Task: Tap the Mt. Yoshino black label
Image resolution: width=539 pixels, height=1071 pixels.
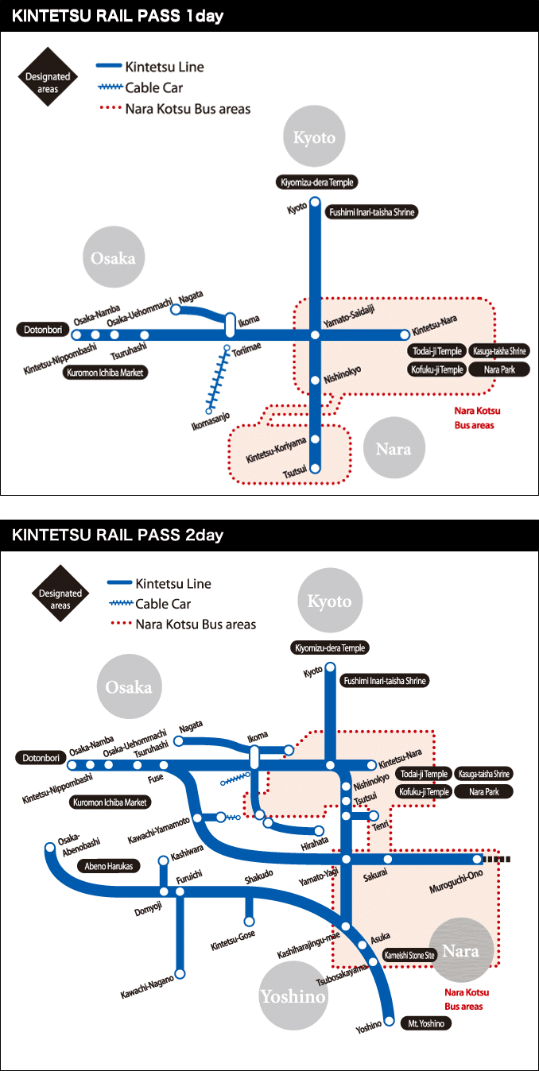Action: coord(425,1024)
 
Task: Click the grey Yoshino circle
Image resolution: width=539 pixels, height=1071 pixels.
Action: coord(292,996)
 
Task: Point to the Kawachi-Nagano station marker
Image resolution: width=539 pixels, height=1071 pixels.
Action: coord(180,973)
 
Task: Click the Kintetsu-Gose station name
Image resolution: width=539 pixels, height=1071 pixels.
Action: coord(233,941)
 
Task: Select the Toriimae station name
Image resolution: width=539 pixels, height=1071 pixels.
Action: coord(246,350)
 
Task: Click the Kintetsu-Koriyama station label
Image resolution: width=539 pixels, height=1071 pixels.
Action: coord(276,450)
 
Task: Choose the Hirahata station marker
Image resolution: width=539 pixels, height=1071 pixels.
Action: coord(319,830)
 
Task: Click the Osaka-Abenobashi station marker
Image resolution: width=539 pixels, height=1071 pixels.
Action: coord(48,849)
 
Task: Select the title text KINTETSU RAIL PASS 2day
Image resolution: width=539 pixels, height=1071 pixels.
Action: coord(118,535)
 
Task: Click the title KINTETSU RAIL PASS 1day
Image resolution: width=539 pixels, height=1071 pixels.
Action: coord(118,16)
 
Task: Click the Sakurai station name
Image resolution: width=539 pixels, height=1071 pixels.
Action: coord(375,876)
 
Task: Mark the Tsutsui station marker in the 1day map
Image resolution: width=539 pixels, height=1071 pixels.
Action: coord(315,468)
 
